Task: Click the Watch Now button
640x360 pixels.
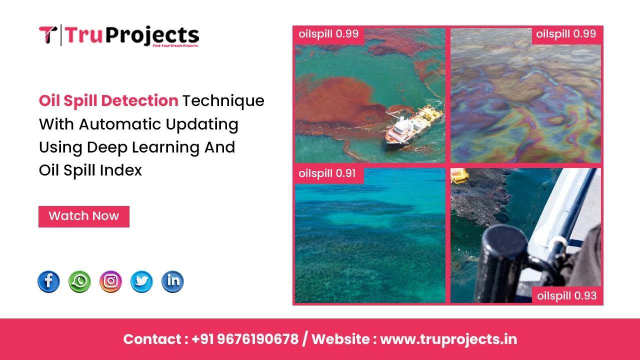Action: click(84, 216)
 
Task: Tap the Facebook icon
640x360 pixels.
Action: click(48, 282)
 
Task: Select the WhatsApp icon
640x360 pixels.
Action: click(79, 282)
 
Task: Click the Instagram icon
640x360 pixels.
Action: click(110, 282)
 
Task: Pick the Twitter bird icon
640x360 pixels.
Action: click(141, 282)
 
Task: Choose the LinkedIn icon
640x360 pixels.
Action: click(172, 282)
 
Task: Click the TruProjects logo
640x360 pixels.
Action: click(119, 35)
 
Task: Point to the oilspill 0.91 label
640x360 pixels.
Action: click(327, 173)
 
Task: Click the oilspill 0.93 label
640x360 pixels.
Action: click(567, 295)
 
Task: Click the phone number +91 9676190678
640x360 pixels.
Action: click(245, 339)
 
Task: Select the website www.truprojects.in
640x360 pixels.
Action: click(448, 339)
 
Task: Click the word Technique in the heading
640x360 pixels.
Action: click(223, 101)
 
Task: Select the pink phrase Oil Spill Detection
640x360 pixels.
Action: click(108, 101)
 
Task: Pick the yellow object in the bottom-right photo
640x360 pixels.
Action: click(459, 175)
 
